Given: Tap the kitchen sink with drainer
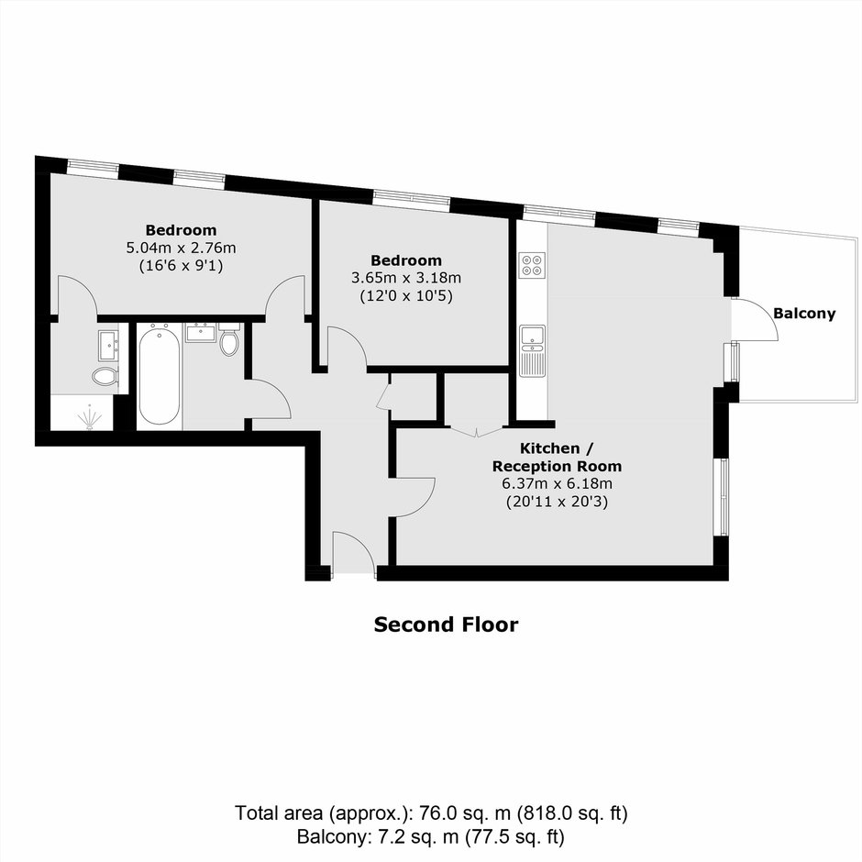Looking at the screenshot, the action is [x=532, y=350].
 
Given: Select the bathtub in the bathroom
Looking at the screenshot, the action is [x=159, y=375].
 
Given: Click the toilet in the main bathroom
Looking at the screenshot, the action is [x=229, y=339].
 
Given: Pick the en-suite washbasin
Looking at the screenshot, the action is [x=109, y=345].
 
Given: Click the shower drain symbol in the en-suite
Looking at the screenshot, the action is [x=89, y=417].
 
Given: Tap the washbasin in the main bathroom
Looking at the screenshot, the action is [x=201, y=333].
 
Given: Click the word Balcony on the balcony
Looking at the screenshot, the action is [x=804, y=314].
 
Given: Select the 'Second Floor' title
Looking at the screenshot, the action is [x=446, y=624].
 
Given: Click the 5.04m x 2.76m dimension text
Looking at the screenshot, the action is [x=182, y=248].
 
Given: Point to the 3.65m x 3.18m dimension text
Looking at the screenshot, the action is [x=406, y=278].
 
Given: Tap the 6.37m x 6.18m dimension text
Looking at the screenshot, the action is [x=557, y=484].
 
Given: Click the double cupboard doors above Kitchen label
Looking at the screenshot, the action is [x=477, y=430].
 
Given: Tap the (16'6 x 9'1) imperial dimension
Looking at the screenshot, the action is [x=181, y=266].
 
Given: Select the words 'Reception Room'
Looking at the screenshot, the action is [x=557, y=466].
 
